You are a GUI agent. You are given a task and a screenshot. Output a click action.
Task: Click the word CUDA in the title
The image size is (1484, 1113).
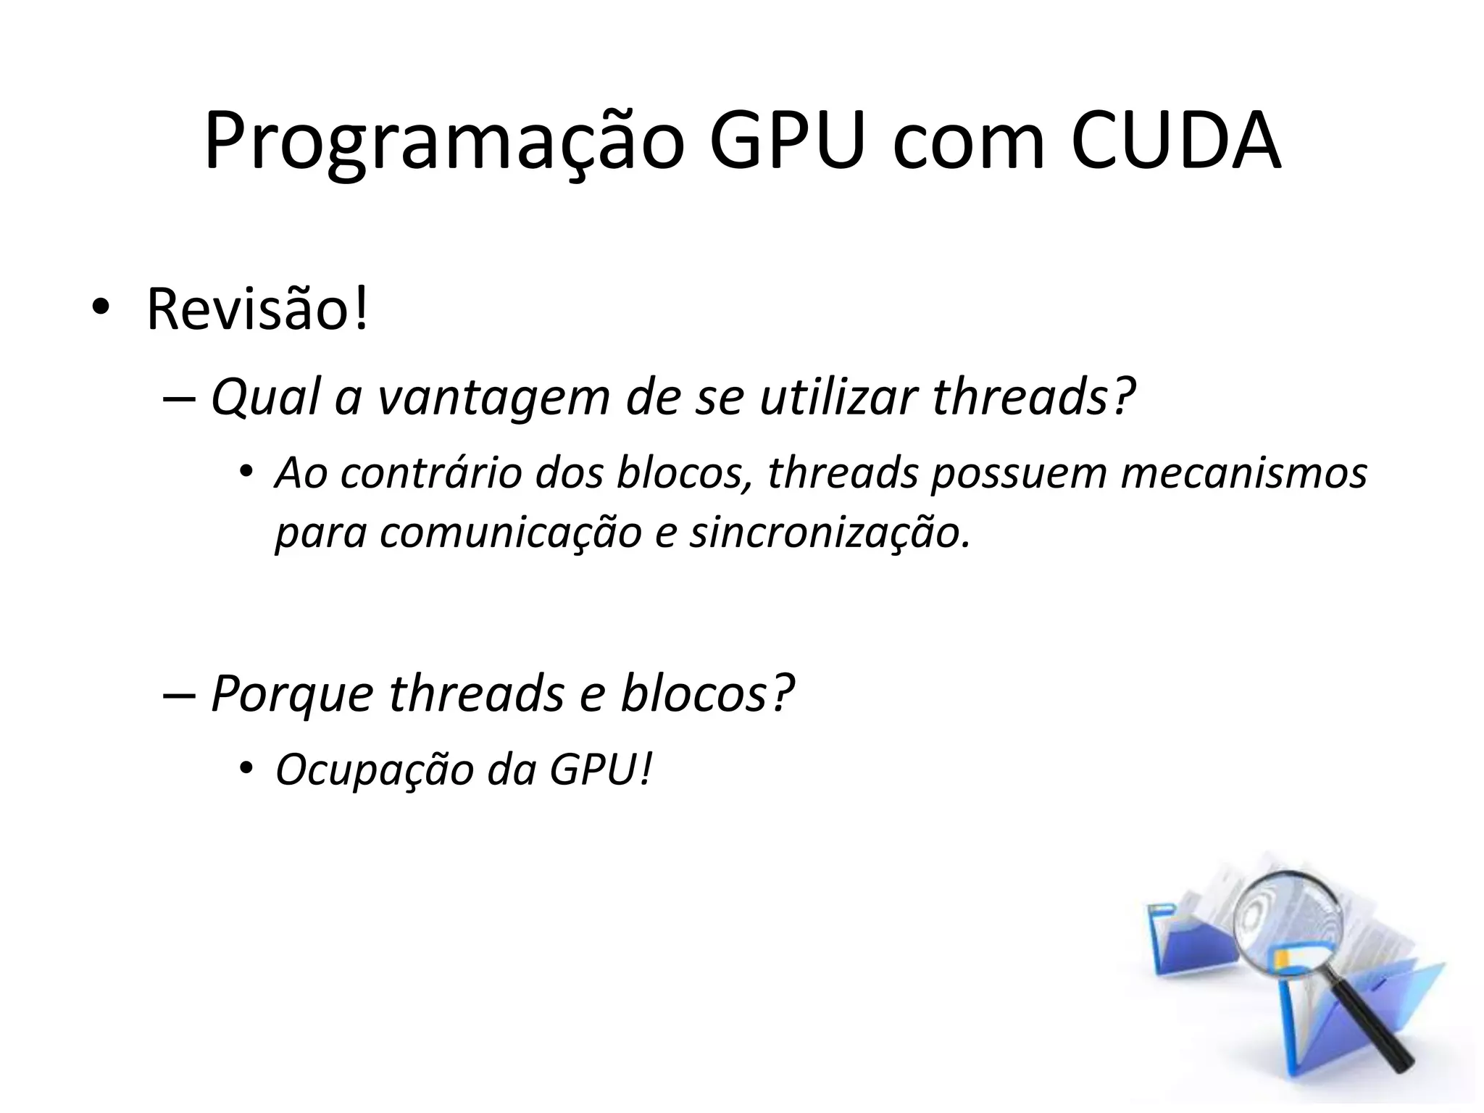[x=1175, y=142]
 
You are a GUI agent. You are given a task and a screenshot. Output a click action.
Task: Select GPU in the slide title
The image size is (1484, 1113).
[x=787, y=142]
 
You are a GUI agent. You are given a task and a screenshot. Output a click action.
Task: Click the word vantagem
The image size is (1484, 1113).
[x=493, y=399]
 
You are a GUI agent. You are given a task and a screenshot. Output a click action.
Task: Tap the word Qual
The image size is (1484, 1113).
[x=265, y=399]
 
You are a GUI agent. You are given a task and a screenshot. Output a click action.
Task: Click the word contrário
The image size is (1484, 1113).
[x=432, y=473]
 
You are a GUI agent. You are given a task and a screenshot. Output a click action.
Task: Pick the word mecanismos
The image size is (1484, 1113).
[x=1243, y=473]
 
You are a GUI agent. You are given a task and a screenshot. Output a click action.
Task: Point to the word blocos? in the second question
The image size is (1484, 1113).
[x=707, y=693]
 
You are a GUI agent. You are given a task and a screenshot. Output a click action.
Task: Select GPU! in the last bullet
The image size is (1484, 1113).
[x=601, y=770]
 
